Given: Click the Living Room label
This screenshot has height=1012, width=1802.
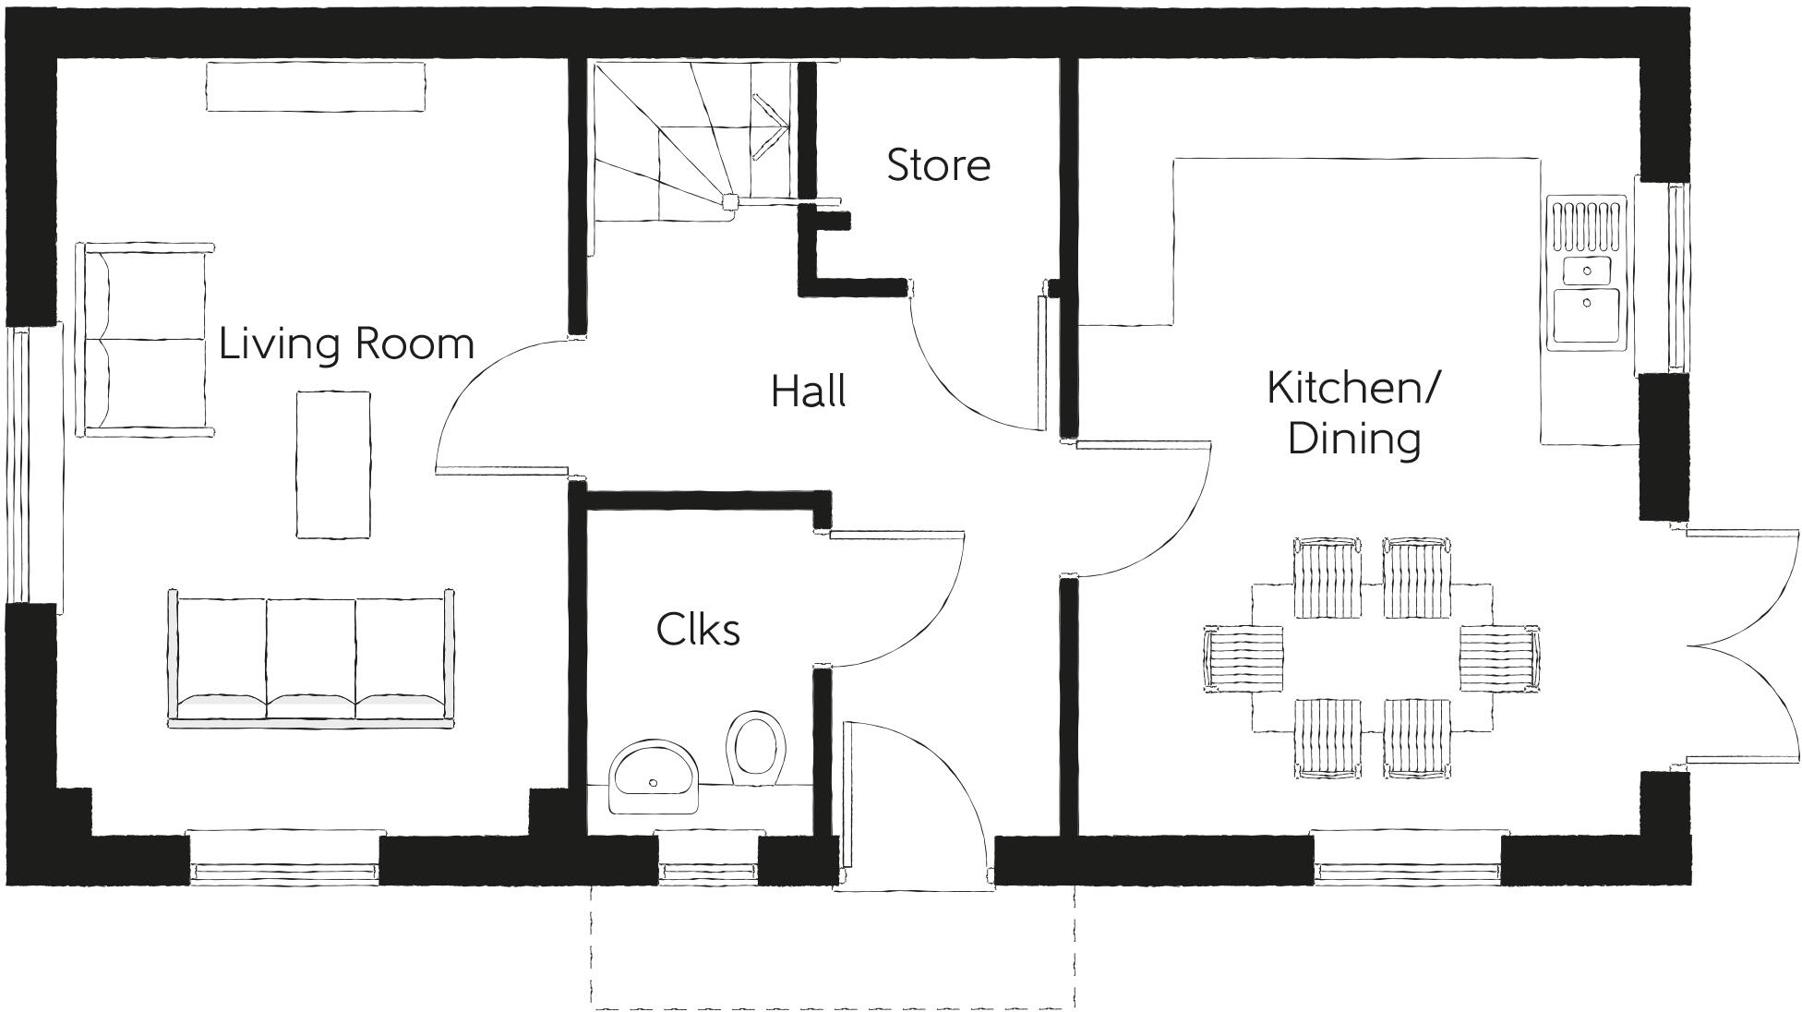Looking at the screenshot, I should coord(346,343).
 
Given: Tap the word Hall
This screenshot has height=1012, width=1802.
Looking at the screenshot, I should coord(808,392).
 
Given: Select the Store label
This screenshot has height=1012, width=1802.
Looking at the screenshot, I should coord(938,165).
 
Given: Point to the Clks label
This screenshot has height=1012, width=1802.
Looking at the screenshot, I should coord(698,630).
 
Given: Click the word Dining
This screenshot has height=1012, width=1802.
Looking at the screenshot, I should coord(1353,439).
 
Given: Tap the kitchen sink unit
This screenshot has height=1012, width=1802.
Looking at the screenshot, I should coord(1587,271).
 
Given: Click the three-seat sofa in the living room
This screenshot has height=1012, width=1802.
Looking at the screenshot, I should coord(311,657).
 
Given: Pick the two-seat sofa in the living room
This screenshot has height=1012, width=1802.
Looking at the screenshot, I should coord(146,339).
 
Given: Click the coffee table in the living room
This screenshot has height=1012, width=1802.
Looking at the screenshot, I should coord(333,464).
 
